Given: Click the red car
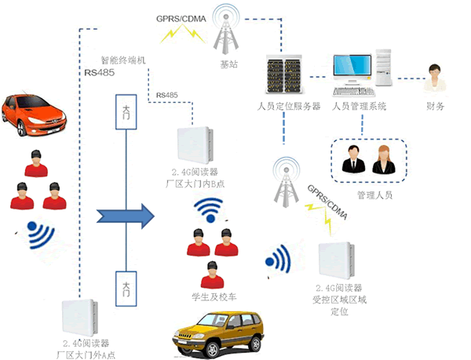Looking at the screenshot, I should [x=29, y=115].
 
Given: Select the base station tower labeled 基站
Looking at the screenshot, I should [x=228, y=38].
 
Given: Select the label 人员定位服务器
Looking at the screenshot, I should [x=287, y=106].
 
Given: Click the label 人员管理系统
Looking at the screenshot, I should [x=359, y=106].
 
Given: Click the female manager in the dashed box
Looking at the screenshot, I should [x=383, y=159].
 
